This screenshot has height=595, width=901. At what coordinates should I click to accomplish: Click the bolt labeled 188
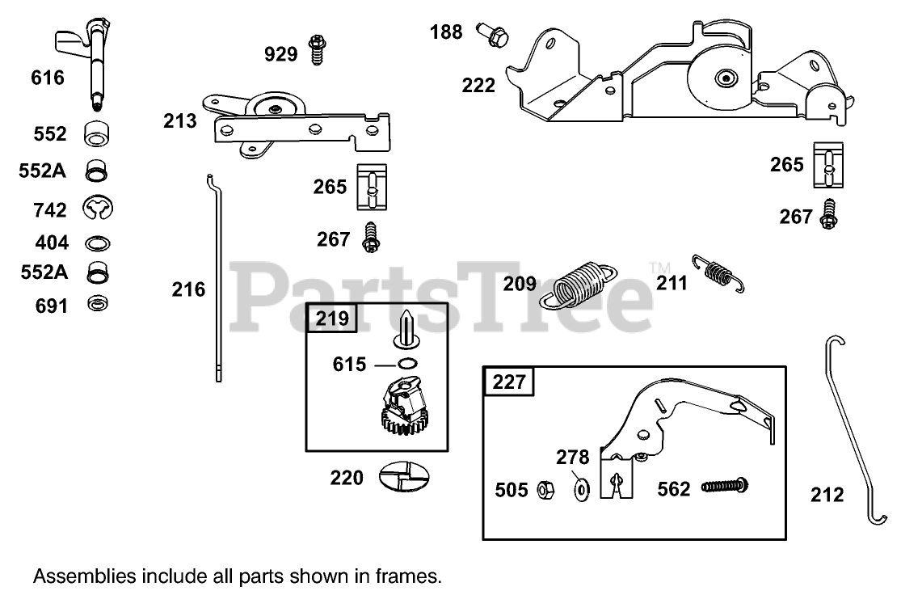(491, 33)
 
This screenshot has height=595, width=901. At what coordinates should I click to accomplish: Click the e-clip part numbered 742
(99, 209)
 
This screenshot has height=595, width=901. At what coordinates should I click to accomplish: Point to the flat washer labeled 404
(98, 243)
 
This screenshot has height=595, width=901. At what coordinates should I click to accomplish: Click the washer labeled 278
(581, 489)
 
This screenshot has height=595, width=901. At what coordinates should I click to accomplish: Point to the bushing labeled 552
(97, 134)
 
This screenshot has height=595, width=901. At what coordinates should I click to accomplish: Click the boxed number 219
(333, 318)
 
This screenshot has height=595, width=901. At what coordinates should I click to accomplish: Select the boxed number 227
(509, 382)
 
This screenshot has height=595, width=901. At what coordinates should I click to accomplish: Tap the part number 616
(48, 78)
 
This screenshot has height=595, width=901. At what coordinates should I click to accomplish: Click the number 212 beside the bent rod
(827, 495)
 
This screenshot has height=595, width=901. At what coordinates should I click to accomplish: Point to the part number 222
(478, 85)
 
